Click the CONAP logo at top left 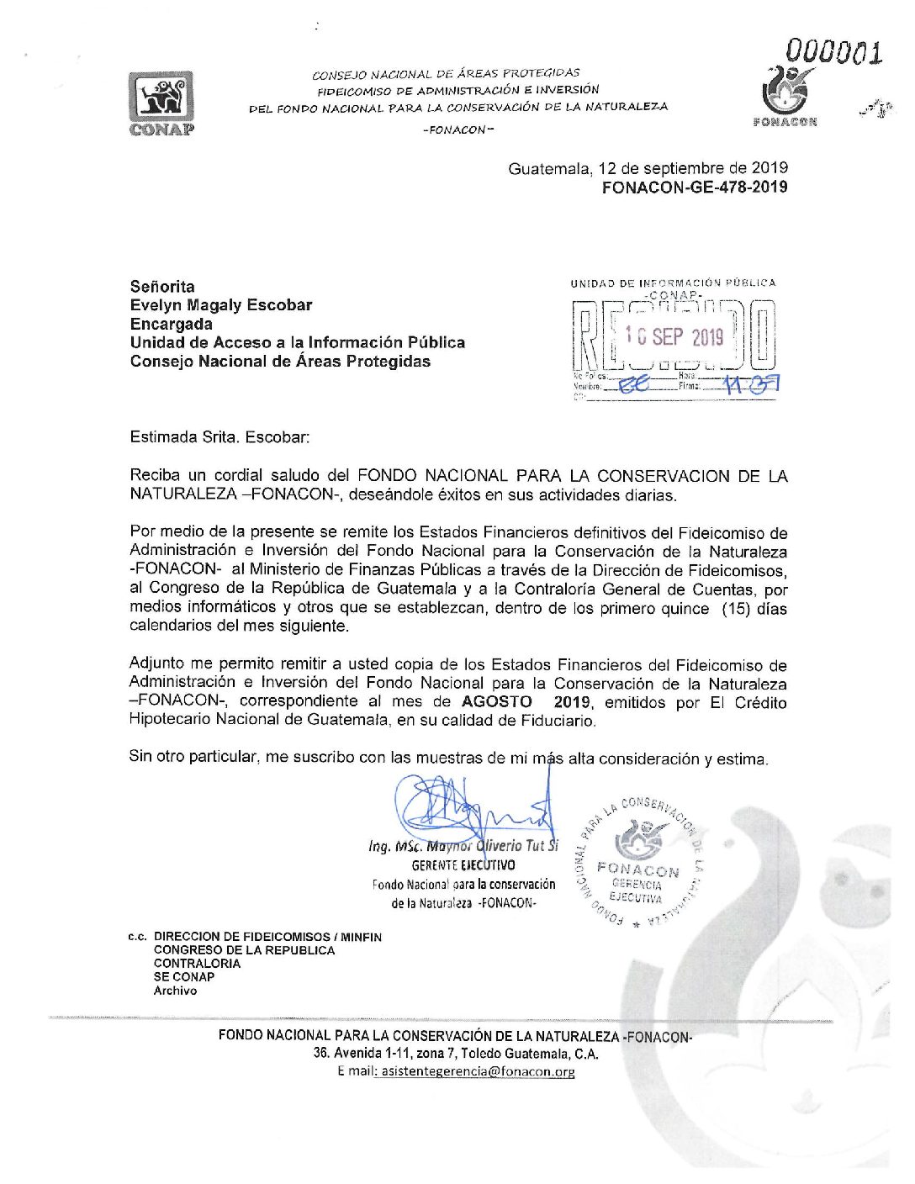[x=161, y=103]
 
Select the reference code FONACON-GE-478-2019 [x=695, y=188]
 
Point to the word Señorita [x=162, y=287]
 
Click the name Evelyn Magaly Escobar [x=221, y=305]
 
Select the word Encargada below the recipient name [x=171, y=325]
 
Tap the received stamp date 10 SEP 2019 [x=674, y=337]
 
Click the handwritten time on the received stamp [x=752, y=384]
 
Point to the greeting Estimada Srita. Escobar [x=219, y=437]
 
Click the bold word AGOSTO [x=496, y=702]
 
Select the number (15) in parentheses [x=736, y=608]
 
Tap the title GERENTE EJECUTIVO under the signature [x=463, y=865]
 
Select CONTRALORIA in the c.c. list [x=197, y=964]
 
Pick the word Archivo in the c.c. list [x=175, y=991]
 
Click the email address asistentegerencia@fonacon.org [x=478, y=1071]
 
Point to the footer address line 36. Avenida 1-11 [x=456, y=1053]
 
